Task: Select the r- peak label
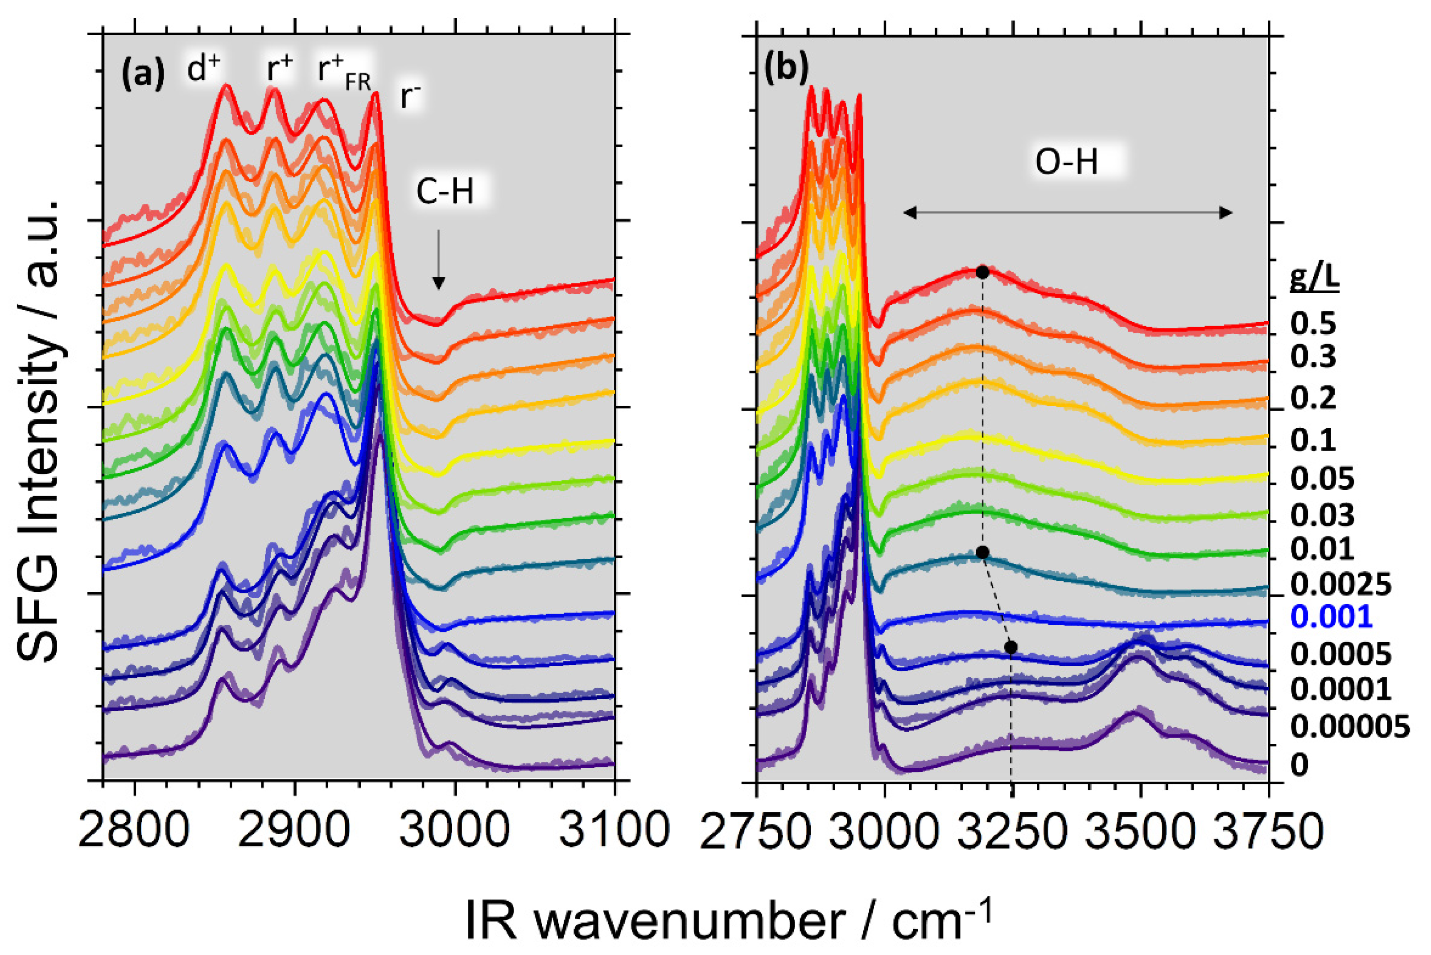click(410, 97)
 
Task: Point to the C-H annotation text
click(445, 192)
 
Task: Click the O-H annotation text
click(1067, 163)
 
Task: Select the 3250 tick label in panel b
click(1012, 832)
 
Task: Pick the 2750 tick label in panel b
click(756, 832)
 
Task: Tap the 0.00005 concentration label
click(1350, 726)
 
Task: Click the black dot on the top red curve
click(982, 272)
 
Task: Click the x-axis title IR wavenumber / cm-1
click(728, 920)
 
